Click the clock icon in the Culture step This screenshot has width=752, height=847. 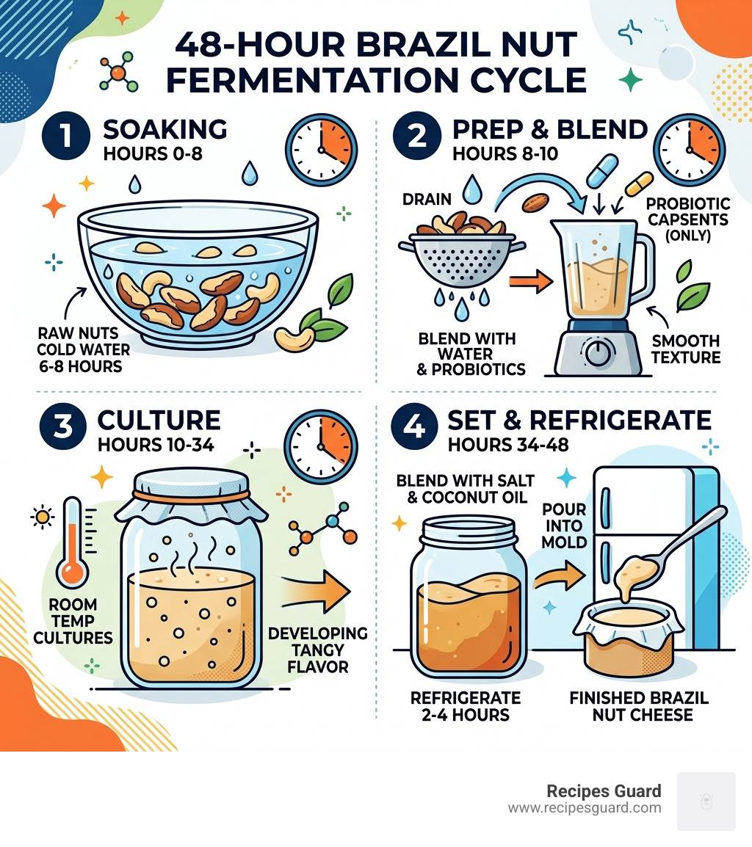[x=321, y=447]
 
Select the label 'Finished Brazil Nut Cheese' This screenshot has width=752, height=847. [x=639, y=705]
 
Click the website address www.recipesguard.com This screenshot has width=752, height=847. [x=584, y=808]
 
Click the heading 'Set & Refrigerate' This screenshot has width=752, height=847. [x=579, y=420]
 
